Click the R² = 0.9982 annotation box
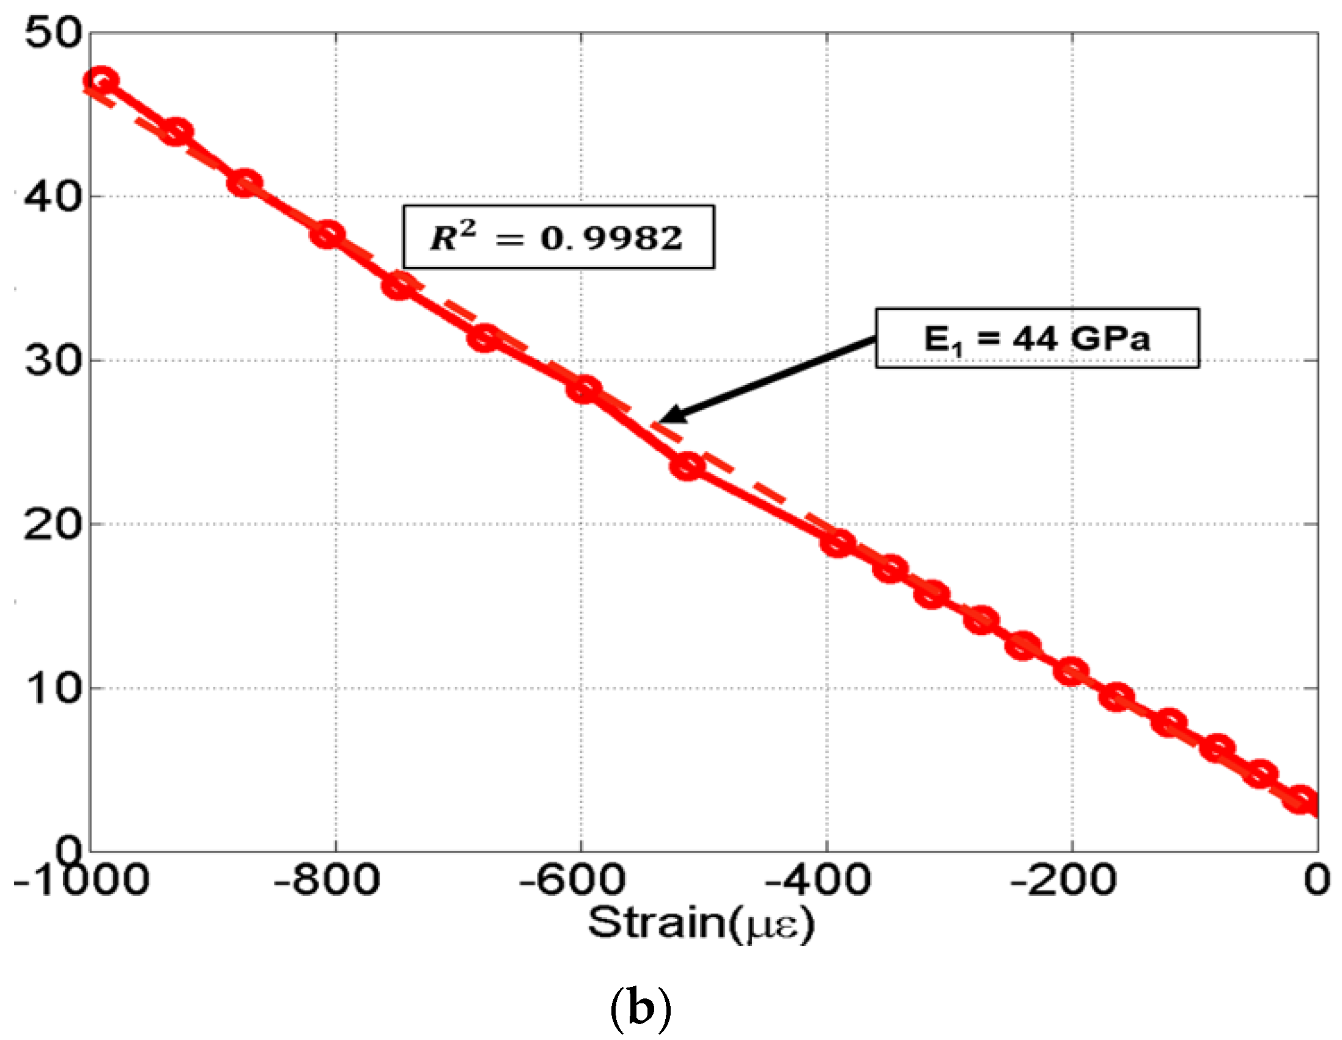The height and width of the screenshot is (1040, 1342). tap(558, 237)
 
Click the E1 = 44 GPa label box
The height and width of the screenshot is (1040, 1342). tap(1036, 339)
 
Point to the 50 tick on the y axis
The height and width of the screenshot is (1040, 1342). tap(53, 32)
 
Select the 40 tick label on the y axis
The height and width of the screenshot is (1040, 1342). tap(53, 197)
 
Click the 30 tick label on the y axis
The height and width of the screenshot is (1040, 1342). tap(53, 361)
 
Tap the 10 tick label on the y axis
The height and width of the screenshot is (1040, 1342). tap(53, 689)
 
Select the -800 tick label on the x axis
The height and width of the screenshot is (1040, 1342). tap(326, 881)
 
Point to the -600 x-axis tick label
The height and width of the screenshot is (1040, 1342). tap(572, 881)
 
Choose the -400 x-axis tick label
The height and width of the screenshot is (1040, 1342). tap(817, 881)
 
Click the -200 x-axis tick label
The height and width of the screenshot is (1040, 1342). tap(1063, 881)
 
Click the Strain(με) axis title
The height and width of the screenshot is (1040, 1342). tap(701, 923)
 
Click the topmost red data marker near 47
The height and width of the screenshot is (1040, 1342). tap(102, 81)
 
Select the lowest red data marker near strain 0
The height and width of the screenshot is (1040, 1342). tap(1301, 799)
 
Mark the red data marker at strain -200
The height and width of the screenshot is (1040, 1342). tap(1071, 671)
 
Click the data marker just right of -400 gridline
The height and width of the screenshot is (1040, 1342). tap(837, 543)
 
